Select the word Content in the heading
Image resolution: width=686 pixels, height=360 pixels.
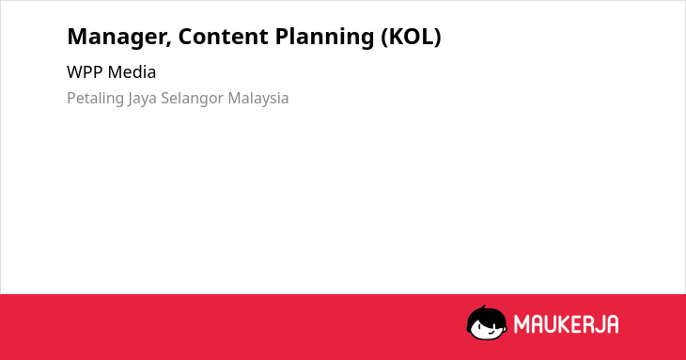click(x=224, y=37)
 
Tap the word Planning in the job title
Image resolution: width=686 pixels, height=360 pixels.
click(x=324, y=38)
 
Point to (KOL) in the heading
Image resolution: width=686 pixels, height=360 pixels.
click(x=412, y=37)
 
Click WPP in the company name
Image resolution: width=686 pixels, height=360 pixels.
click(x=85, y=72)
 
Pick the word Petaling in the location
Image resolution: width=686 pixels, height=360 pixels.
click(x=95, y=99)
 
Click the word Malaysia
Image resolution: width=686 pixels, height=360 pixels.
click(x=258, y=99)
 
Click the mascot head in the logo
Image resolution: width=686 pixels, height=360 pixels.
click(x=487, y=322)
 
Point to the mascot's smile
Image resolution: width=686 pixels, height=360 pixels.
click(x=491, y=332)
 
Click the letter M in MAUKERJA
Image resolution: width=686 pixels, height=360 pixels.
click(x=522, y=324)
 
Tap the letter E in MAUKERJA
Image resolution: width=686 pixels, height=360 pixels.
click(x=577, y=324)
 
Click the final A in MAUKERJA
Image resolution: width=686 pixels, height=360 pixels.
click(x=613, y=324)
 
